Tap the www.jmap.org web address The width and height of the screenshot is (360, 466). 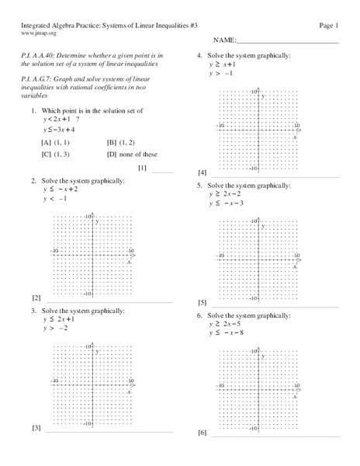pyautogui.click(x=38, y=33)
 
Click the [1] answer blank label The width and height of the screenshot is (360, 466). pyautogui.click(x=142, y=168)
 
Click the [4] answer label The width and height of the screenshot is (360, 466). pyautogui.click(x=202, y=172)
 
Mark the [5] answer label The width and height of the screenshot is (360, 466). pyautogui.click(x=202, y=302)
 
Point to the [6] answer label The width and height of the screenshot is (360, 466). pyautogui.click(x=202, y=432)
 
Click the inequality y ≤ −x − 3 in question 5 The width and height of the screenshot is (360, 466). pyautogui.click(x=227, y=203)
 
